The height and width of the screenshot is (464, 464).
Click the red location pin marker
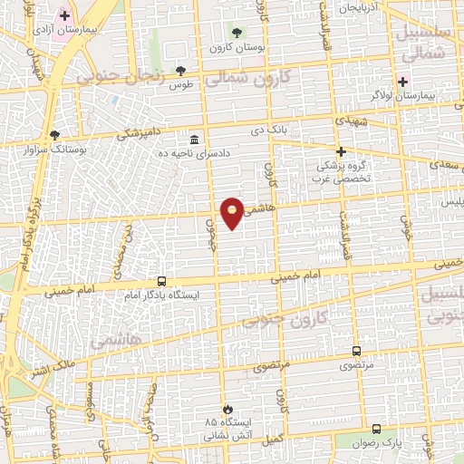pyautogui.click(x=232, y=213)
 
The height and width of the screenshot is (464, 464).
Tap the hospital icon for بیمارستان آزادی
pyautogui.click(x=64, y=15)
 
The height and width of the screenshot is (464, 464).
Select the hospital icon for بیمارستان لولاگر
pyautogui.click(x=402, y=81)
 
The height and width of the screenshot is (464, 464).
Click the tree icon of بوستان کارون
pyautogui.click(x=238, y=32)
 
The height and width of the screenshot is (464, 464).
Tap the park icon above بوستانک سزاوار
pyautogui.click(x=55, y=134)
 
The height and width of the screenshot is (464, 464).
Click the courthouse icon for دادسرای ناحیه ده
pyautogui.click(x=195, y=140)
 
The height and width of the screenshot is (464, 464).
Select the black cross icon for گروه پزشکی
pyautogui.click(x=341, y=151)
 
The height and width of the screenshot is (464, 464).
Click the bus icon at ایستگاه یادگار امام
pyautogui.click(x=161, y=281)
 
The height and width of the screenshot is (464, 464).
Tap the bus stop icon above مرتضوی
pyautogui.click(x=355, y=352)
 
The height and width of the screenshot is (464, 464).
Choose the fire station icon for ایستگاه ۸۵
pyautogui.click(x=236, y=409)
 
